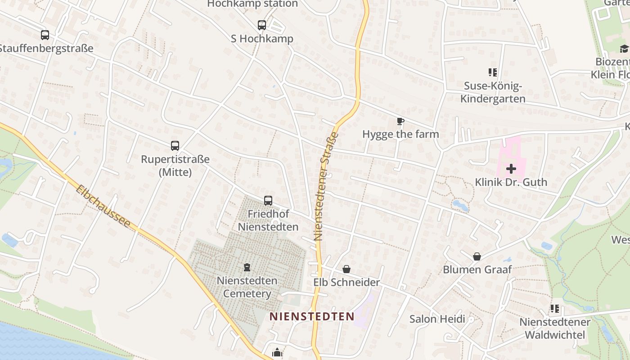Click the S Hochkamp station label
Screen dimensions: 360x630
pos(262,39)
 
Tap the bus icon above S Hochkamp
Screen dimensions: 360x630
pos(262,25)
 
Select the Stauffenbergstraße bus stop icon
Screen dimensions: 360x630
pos(45,35)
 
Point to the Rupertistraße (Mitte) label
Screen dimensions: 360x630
pos(175,166)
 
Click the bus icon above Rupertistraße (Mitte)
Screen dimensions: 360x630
pos(175,146)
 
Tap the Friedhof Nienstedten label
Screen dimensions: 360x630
pos(268,220)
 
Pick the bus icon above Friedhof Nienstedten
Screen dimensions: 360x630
pos(268,200)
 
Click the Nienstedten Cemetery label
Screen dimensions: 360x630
pos(247,287)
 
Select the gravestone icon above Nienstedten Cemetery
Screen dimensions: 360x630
pos(247,268)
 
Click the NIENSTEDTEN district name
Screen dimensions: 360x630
pos(312,316)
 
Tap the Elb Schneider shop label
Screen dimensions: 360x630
pos(346,283)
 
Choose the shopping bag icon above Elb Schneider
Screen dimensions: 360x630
pos(346,269)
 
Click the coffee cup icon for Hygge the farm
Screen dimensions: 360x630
pos(400,121)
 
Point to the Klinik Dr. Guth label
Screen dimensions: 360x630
pos(511,182)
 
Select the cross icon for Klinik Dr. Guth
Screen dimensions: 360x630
pos(511,169)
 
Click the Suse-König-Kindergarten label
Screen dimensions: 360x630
pos(493,92)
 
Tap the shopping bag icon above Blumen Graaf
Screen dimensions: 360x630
pos(477,256)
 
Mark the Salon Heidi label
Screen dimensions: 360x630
pos(437,319)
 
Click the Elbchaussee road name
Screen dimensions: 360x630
pos(103,207)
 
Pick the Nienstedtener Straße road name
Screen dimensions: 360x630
pos(325,186)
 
